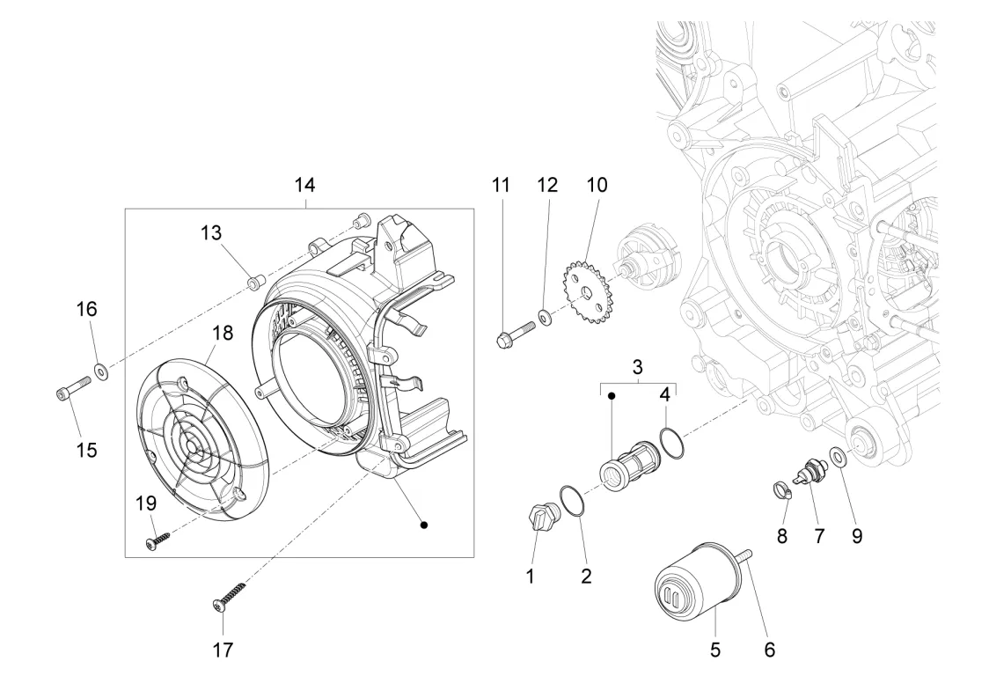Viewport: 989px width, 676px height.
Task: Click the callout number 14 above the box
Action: (304, 185)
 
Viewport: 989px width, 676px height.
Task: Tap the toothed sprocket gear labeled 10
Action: (587, 292)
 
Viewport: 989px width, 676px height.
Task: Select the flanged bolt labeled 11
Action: (514, 335)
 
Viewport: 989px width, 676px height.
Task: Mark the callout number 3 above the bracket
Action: (638, 366)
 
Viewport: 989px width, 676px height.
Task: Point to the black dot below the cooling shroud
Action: (424, 525)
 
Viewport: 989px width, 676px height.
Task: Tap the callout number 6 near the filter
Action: (770, 650)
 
